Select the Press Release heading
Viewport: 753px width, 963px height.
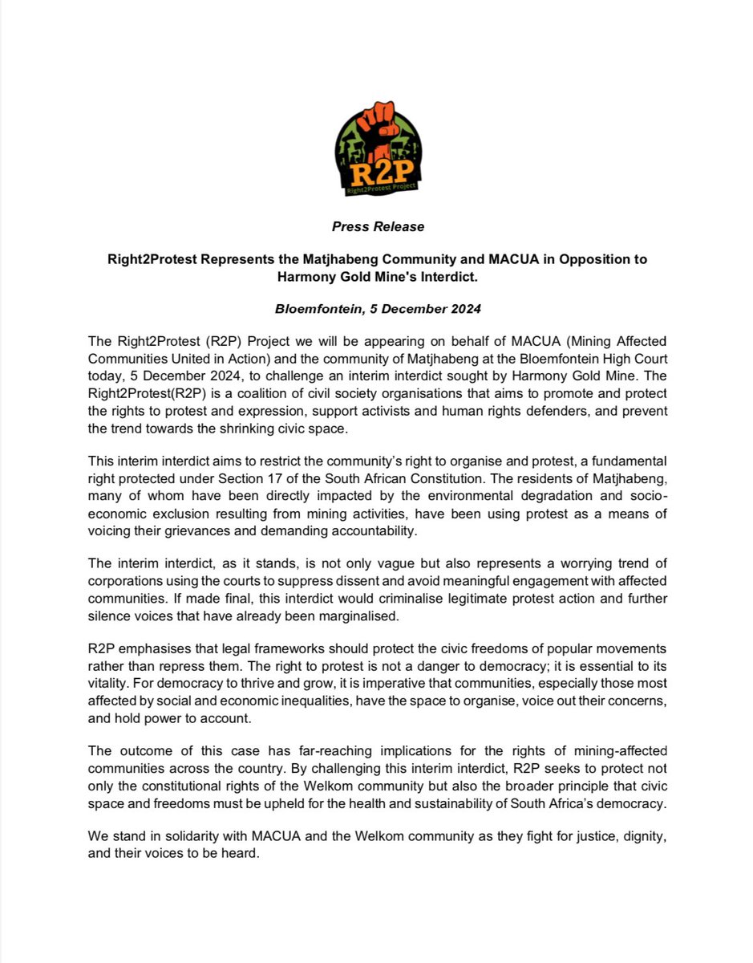click(x=378, y=226)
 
